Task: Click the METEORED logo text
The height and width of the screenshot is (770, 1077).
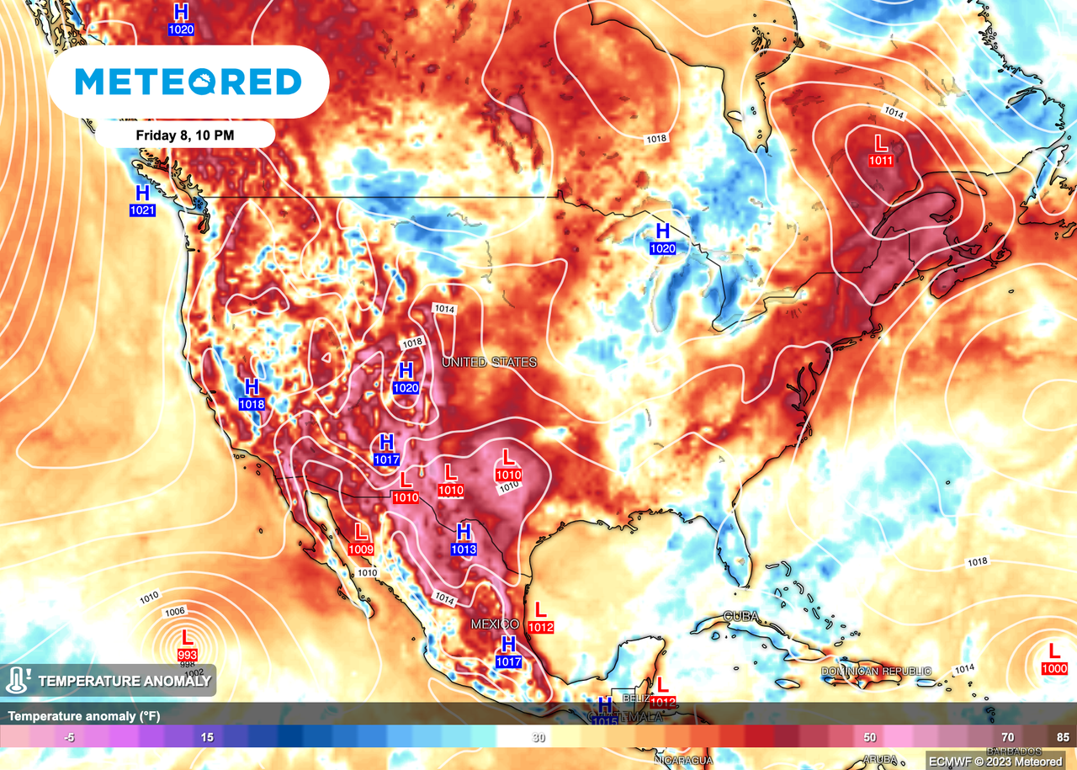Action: [188, 82]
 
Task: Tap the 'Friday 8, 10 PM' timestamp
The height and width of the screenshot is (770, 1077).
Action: [184, 134]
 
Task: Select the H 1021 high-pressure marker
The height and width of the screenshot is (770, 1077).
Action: [142, 200]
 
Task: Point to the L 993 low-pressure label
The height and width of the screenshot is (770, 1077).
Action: [186, 644]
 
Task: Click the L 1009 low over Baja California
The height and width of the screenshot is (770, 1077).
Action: [361, 539]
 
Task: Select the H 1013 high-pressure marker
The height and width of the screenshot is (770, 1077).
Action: [463, 539]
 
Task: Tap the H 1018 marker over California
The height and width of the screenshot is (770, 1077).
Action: [251, 394]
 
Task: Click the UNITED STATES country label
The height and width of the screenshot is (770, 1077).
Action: [489, 362]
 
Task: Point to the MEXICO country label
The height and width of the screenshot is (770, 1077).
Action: [494, 624]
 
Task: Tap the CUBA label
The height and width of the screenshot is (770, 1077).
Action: [741, 616]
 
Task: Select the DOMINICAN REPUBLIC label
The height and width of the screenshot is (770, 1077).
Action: [876, 671]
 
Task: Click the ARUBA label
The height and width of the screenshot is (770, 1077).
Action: [880, 758]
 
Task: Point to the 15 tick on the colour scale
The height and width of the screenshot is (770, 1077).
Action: [207, 736]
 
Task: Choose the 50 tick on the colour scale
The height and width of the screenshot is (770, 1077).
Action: [869, 736]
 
